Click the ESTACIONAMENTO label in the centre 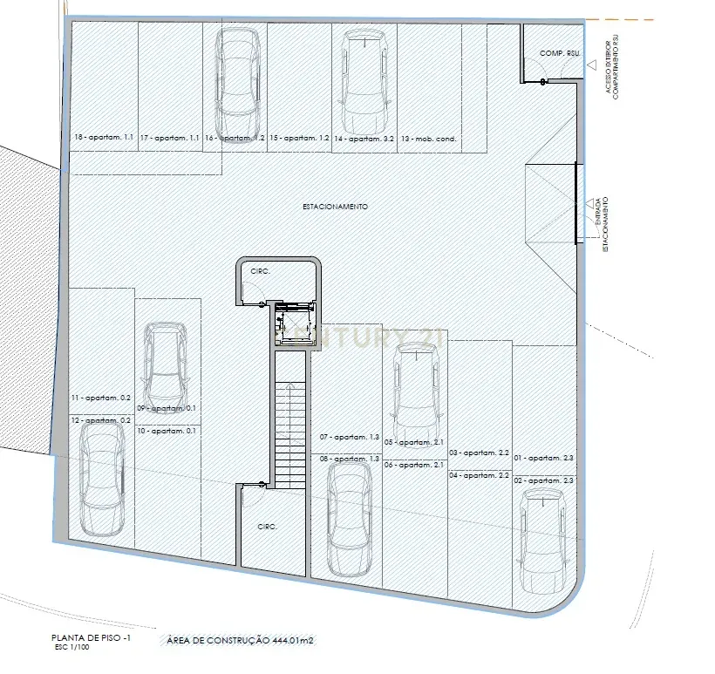[x=335, y=207]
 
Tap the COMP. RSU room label [x=560, y=54]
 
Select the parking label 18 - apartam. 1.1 [x=104, y=139]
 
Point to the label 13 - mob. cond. [x=429, y=139]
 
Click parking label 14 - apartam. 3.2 [x=364, y=139]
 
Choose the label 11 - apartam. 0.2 [x=100, y=398]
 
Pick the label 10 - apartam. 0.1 [x=167, y=431]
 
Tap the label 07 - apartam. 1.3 [x=350, y=436]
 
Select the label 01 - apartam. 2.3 [x=543, y=459]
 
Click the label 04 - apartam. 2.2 [x=479, y=475]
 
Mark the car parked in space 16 [x=235, y=74]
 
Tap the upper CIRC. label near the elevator [x=261, y=271]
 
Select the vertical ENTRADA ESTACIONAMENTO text [x=601, y=222]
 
